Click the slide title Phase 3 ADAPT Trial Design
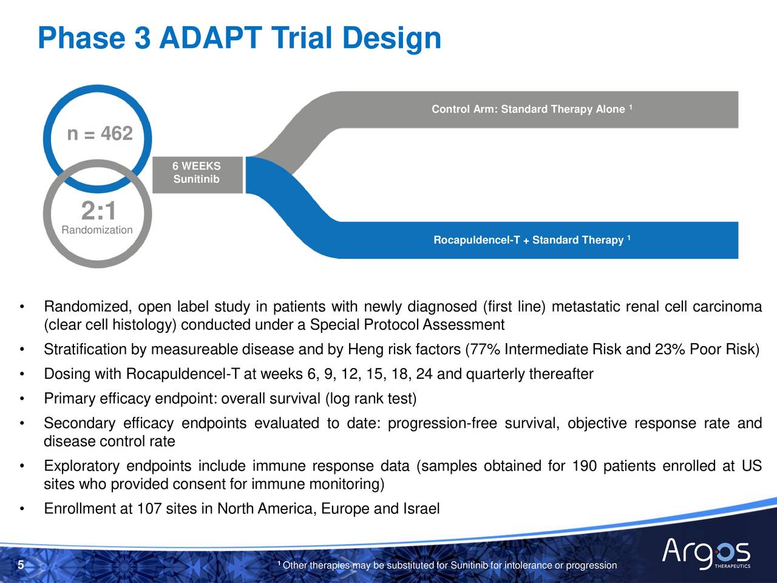239,38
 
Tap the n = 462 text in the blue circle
100,134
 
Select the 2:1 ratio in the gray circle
98,211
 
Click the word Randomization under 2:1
97,230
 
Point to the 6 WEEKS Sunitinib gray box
197,173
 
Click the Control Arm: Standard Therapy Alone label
528,109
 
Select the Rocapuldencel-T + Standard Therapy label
529,240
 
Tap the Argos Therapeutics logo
706,553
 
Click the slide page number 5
21,566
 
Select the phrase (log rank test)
371,399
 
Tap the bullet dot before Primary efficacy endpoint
22,399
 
